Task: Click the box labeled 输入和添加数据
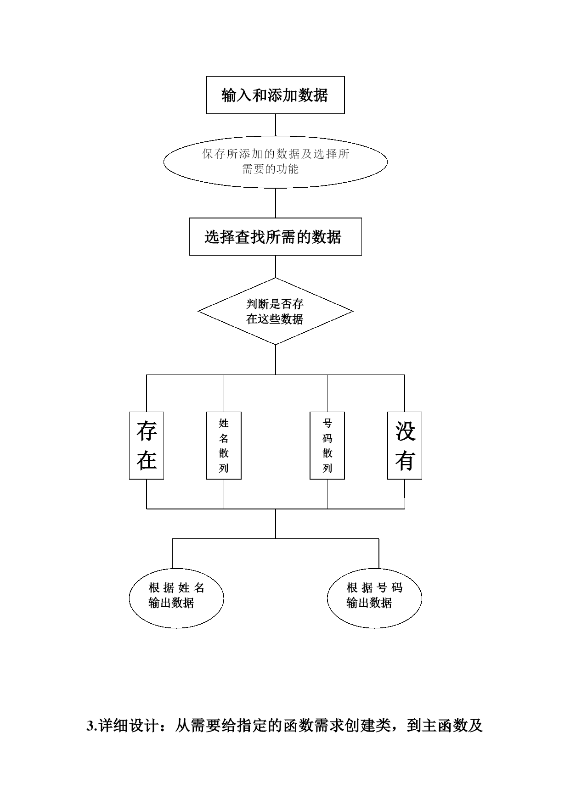tap(275, 95)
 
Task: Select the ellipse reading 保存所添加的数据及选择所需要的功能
tap(276, 162)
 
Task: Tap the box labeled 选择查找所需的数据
tap(275, 237)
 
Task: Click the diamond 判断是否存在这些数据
tap(276, 311)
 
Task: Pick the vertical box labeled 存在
tap(147, 446)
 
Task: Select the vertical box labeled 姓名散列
tap(224, 446)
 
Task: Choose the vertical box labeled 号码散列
tap(327, 446)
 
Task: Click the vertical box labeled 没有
tap(405, 446)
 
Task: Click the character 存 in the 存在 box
tap(147, 431)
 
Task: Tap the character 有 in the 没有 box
tap(405, 460)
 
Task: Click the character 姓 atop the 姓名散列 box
tap(224, 423)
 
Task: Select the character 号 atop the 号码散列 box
tap(327, 423)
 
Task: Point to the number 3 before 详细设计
tap(90, 726)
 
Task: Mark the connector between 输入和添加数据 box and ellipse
tap(276, 125)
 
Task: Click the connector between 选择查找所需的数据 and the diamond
tap(276, 267)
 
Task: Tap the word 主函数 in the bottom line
tap(444, 726)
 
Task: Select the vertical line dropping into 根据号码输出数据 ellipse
tap(379, 553)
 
